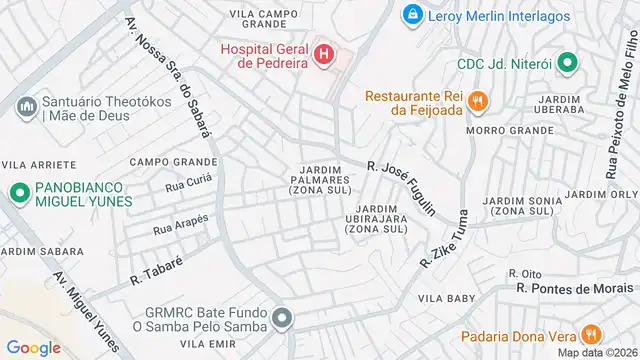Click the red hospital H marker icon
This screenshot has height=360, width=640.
pos(323,54)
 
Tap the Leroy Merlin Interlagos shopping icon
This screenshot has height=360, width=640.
pos(410,15)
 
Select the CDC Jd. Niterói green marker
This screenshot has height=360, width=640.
pos(567,63)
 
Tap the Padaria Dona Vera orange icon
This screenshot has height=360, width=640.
pos(591,335)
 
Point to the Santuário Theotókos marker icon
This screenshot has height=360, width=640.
pos(25,105)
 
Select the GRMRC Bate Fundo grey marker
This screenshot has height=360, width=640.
pos(283,319)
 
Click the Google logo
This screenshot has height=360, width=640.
pos(33,347)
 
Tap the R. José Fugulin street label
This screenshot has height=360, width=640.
pos(402,187)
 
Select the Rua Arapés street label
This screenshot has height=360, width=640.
pos(181,225)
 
